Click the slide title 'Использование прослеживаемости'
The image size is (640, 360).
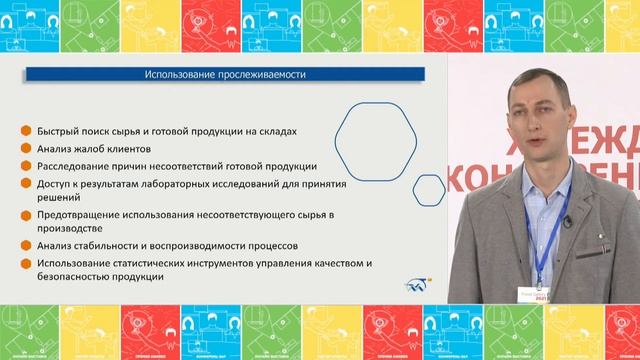[224, 76]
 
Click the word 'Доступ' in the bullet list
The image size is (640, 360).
[55, 183]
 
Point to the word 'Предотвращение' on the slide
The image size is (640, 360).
[81, 215]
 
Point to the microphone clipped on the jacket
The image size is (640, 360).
[566, 221]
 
